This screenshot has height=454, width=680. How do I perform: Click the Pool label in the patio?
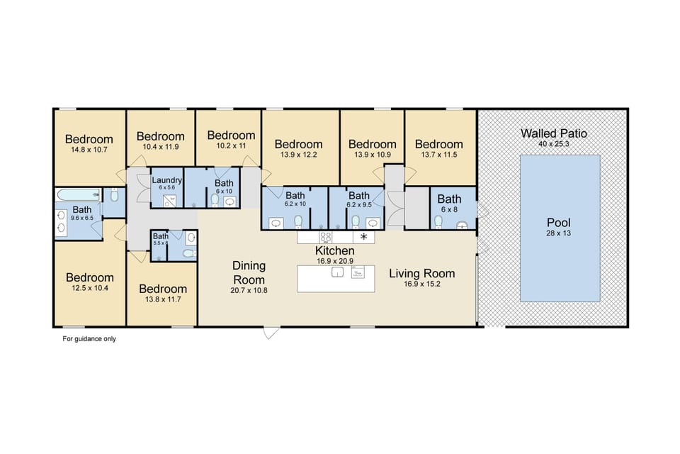pos(559,223)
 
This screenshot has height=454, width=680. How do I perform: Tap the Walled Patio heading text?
pos(553,133)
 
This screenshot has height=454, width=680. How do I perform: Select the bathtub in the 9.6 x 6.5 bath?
pos(78,194)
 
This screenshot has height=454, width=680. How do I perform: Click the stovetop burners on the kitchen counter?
pos(325,237)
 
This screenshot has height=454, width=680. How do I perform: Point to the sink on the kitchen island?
pos(337,272)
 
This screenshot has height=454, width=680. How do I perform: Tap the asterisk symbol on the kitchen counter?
pos(365,237)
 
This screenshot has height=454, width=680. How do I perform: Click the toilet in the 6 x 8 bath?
pos(438,222)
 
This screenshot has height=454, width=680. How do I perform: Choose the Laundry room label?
pos(167,180)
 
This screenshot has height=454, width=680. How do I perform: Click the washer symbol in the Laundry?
pos(169,201)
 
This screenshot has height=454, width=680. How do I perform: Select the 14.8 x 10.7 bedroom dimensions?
pos(89,150)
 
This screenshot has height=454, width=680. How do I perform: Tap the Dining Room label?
pos(249,272)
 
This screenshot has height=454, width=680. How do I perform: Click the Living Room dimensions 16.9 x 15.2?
pos(421,284)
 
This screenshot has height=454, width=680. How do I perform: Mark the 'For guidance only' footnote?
pos(89,339)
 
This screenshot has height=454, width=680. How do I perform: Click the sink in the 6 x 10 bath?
pos(230,201)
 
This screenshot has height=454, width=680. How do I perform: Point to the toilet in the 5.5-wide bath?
pos(188,253)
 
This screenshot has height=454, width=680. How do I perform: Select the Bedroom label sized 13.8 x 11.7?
pos(163,289)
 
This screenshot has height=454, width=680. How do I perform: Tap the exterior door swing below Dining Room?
pos(271,332)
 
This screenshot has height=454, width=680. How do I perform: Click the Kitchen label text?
pos(334,250)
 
